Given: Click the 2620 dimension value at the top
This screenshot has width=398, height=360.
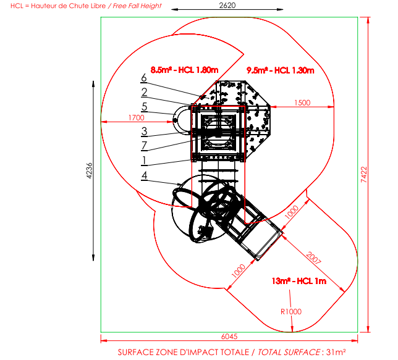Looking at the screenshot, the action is click(227, 6).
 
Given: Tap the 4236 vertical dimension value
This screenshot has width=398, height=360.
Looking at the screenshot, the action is click(90, 171).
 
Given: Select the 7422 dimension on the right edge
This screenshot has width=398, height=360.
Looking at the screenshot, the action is click(364, 175).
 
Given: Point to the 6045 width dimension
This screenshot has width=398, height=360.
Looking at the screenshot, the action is click(229, 337).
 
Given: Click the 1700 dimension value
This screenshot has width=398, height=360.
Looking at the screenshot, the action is click(137, 118).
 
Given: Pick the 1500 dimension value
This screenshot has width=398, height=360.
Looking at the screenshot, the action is click(302, 103).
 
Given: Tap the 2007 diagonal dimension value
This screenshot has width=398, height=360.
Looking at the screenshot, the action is click(314, 257).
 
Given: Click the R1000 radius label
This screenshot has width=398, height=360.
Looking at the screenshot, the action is click(291, 312).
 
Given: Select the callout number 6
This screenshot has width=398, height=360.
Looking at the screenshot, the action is click(144, 78).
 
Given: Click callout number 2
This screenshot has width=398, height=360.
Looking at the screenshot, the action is click(144, 92).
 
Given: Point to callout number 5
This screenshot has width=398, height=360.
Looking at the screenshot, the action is click(145, 107).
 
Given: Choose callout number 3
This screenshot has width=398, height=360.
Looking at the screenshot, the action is click(144, 131).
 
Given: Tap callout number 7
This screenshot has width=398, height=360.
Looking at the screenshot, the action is click(144, 146).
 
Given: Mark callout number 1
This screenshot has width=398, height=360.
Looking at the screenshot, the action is click(144, 161).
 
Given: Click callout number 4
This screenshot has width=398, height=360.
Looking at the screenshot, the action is click(144, 175).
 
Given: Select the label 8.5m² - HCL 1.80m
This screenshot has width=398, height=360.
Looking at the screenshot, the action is click(185, 70).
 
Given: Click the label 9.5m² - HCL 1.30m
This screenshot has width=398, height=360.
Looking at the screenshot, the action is click(281, 70).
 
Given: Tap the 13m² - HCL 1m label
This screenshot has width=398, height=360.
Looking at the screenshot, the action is click(299, 281).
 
